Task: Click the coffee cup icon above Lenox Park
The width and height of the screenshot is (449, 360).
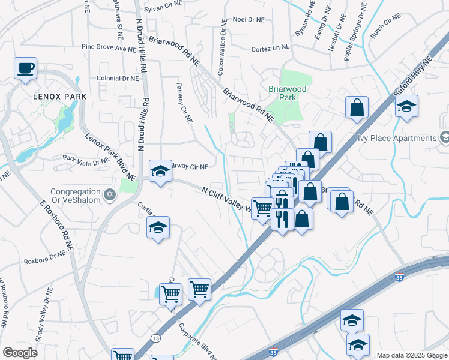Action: (x=26, y=68)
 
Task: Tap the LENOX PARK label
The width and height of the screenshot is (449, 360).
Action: (x=59, y=97)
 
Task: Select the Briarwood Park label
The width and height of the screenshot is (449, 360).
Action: (x=287, y=92)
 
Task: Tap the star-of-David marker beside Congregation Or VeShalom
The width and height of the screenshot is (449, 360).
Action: (x=109, y=195)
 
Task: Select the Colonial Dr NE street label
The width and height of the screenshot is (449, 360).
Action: (x=118, y=78)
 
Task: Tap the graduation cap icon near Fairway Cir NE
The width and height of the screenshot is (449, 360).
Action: (x=160, y=172)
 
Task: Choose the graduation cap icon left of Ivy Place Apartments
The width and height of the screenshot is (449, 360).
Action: (x=407, y=107)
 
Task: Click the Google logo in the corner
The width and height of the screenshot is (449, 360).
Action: (x=20, y=353)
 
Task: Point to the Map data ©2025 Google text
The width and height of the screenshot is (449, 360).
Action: (x=411, y=355)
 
